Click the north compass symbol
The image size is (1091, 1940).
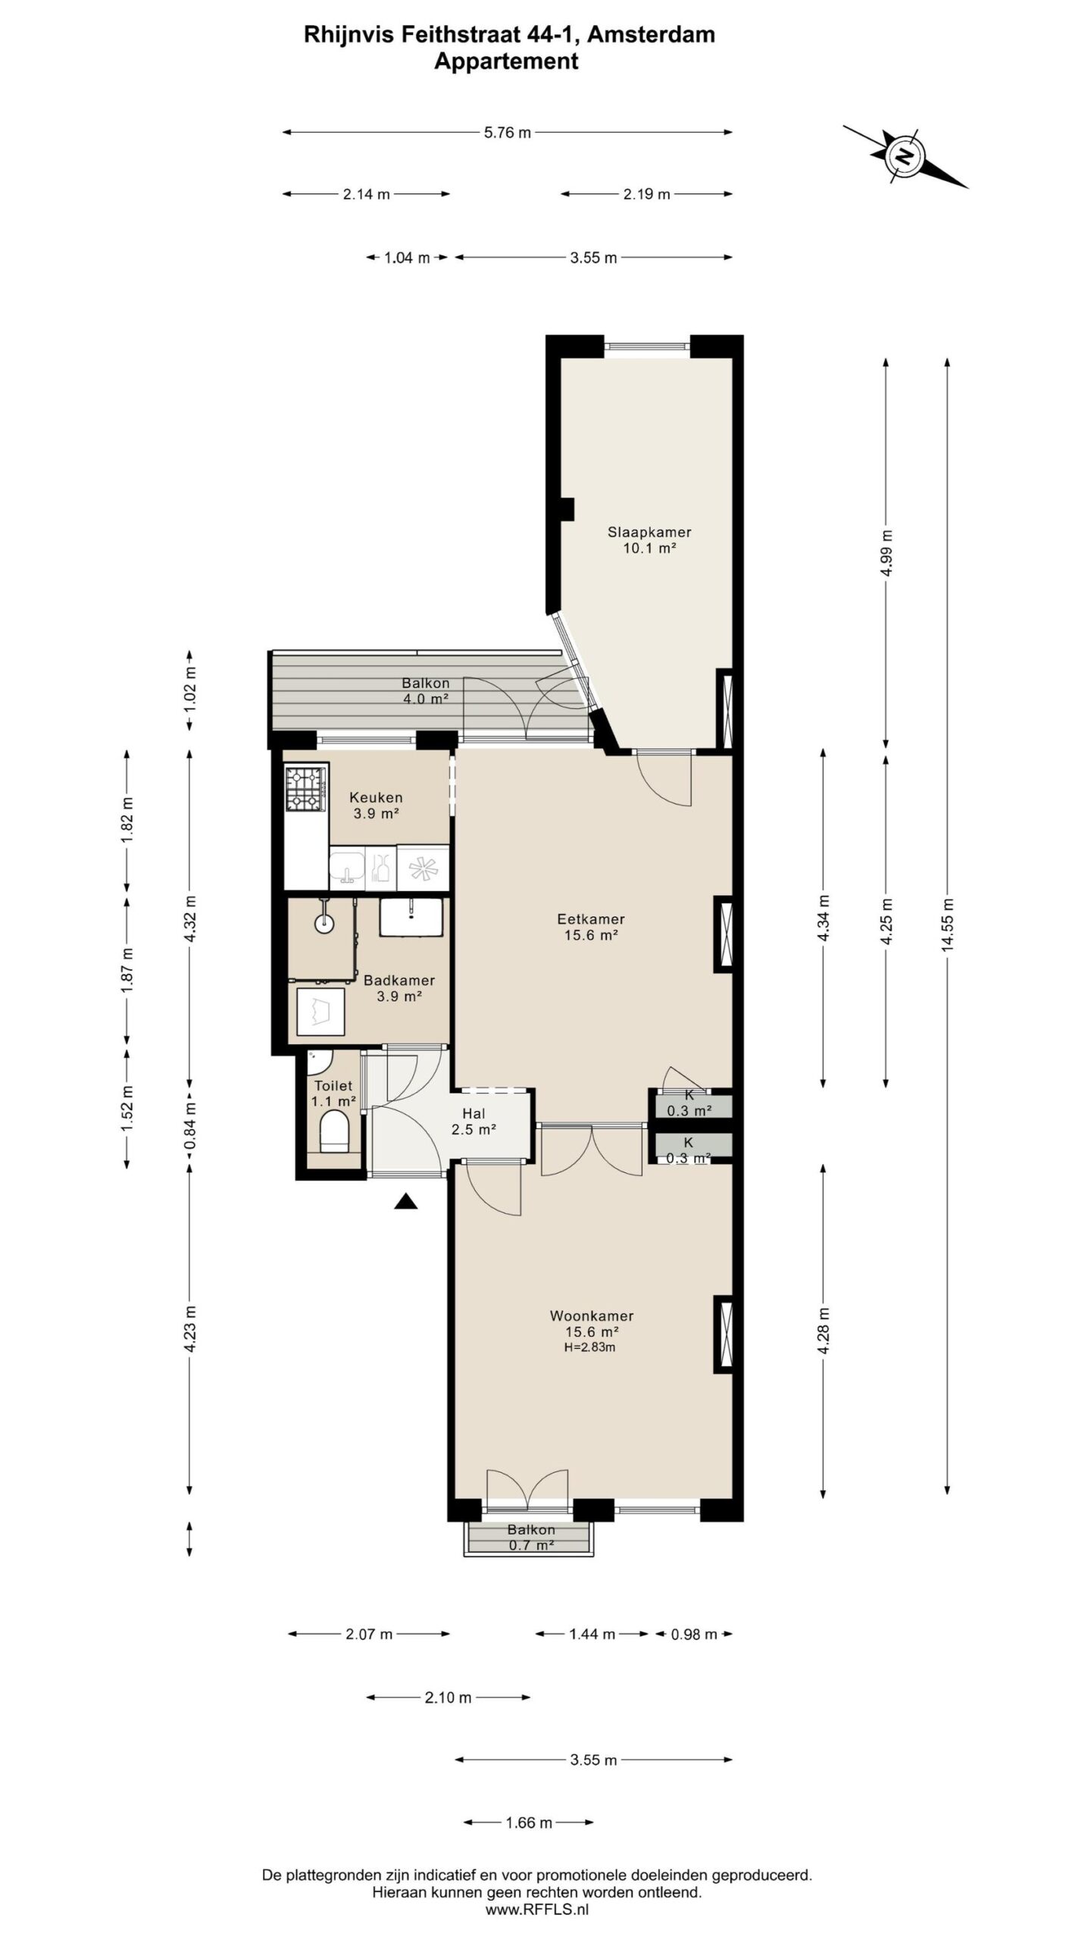pos(904,155)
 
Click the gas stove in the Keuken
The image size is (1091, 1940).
pos(306,788)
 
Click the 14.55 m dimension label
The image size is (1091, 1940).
pos(947,924)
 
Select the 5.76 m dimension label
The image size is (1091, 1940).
pos(508,133)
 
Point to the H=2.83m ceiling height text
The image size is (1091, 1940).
pos(589,1347)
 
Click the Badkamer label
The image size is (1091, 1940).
pos(399,980)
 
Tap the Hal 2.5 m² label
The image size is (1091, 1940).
pos(474,1122)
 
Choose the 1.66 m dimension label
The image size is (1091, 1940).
pos(529,1823)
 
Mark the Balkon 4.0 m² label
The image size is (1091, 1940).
pos(425,690)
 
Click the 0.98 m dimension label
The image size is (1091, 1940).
pos(694,1634)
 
